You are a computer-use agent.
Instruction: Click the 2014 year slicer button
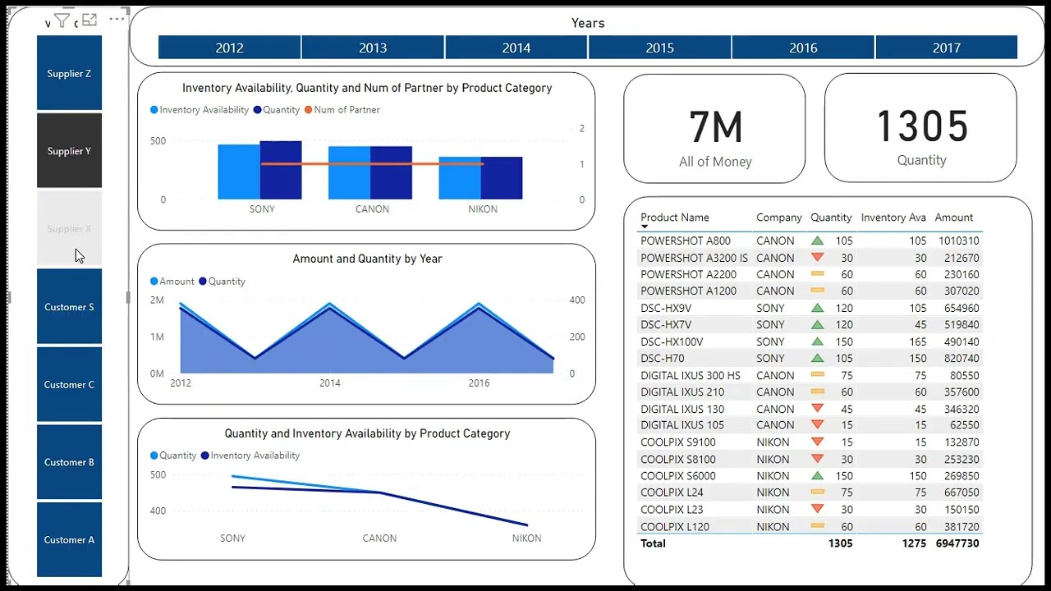click(x=516, y=48)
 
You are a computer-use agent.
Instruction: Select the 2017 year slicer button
click(x=946, y=48)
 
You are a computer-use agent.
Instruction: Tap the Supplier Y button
click(x=69, y=151)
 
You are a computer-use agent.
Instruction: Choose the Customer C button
click(x=69, y=384)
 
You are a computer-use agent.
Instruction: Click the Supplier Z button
click(x=69, y=74)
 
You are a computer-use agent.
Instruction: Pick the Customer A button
click(x=69, y=539)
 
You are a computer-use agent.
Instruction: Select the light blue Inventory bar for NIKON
click(x=459, y=178)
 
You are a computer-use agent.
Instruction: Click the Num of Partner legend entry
click(x=346, y=110)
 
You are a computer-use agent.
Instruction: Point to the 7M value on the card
click(x=715, y=128)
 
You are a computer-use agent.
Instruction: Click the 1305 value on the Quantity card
click(x=921, y=127)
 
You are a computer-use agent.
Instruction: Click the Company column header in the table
click(x=778, y=218)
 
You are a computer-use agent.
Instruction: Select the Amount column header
click(x=953, y=218)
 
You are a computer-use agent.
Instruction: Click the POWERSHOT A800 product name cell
click(x=685, y=241)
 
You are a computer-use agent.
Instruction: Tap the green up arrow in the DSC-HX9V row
click(x=817, y=308)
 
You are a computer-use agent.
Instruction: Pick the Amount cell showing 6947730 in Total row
click(x=957, y=543)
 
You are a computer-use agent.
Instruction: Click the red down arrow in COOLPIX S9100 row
click(x=817, y=442)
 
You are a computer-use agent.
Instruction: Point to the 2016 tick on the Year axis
click(x=479, y=383)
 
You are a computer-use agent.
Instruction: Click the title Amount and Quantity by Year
click(x=367, y=259)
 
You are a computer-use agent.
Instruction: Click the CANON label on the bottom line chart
click(x=379, y=538)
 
